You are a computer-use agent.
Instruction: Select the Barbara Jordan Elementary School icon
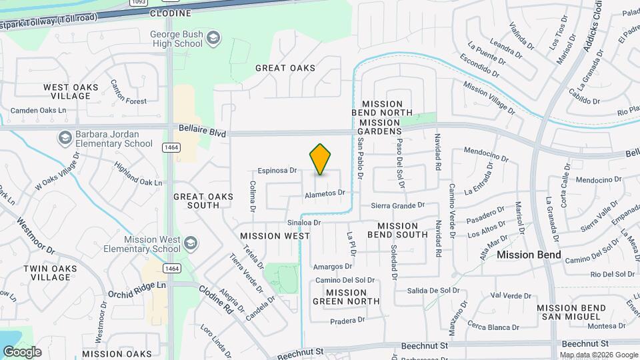65,138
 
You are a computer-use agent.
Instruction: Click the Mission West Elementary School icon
191,242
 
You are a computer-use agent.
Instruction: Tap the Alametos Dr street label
325,193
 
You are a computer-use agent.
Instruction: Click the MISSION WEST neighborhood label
275,236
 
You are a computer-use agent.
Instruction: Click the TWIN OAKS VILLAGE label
50,273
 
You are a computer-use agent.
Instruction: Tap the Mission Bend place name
529,255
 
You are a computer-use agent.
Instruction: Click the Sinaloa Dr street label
305,223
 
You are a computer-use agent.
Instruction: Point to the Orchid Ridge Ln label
137,285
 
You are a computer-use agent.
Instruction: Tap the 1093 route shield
139,2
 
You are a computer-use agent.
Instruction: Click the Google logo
21,352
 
